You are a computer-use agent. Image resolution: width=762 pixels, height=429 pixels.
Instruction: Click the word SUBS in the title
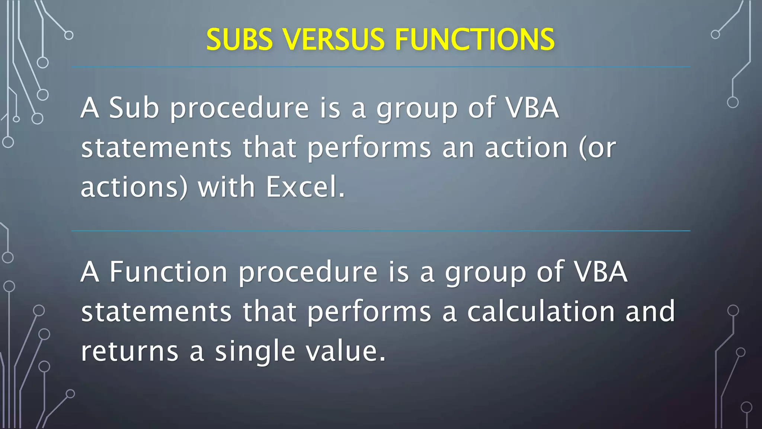point(239,39)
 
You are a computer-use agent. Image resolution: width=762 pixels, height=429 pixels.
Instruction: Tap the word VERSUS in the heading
point(333,39)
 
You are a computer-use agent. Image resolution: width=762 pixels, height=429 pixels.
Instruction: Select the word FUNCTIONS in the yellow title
point(474,39)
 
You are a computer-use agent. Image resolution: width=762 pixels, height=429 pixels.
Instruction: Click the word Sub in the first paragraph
point(134,108)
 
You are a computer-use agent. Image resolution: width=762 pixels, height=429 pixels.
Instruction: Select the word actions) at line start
point(134,187)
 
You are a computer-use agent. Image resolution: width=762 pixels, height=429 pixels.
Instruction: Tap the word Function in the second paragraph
point(168,272)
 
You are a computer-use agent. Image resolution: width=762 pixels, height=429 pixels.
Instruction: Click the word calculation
point(541,312)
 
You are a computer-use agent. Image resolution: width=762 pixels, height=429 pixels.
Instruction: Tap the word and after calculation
point(650,312)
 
